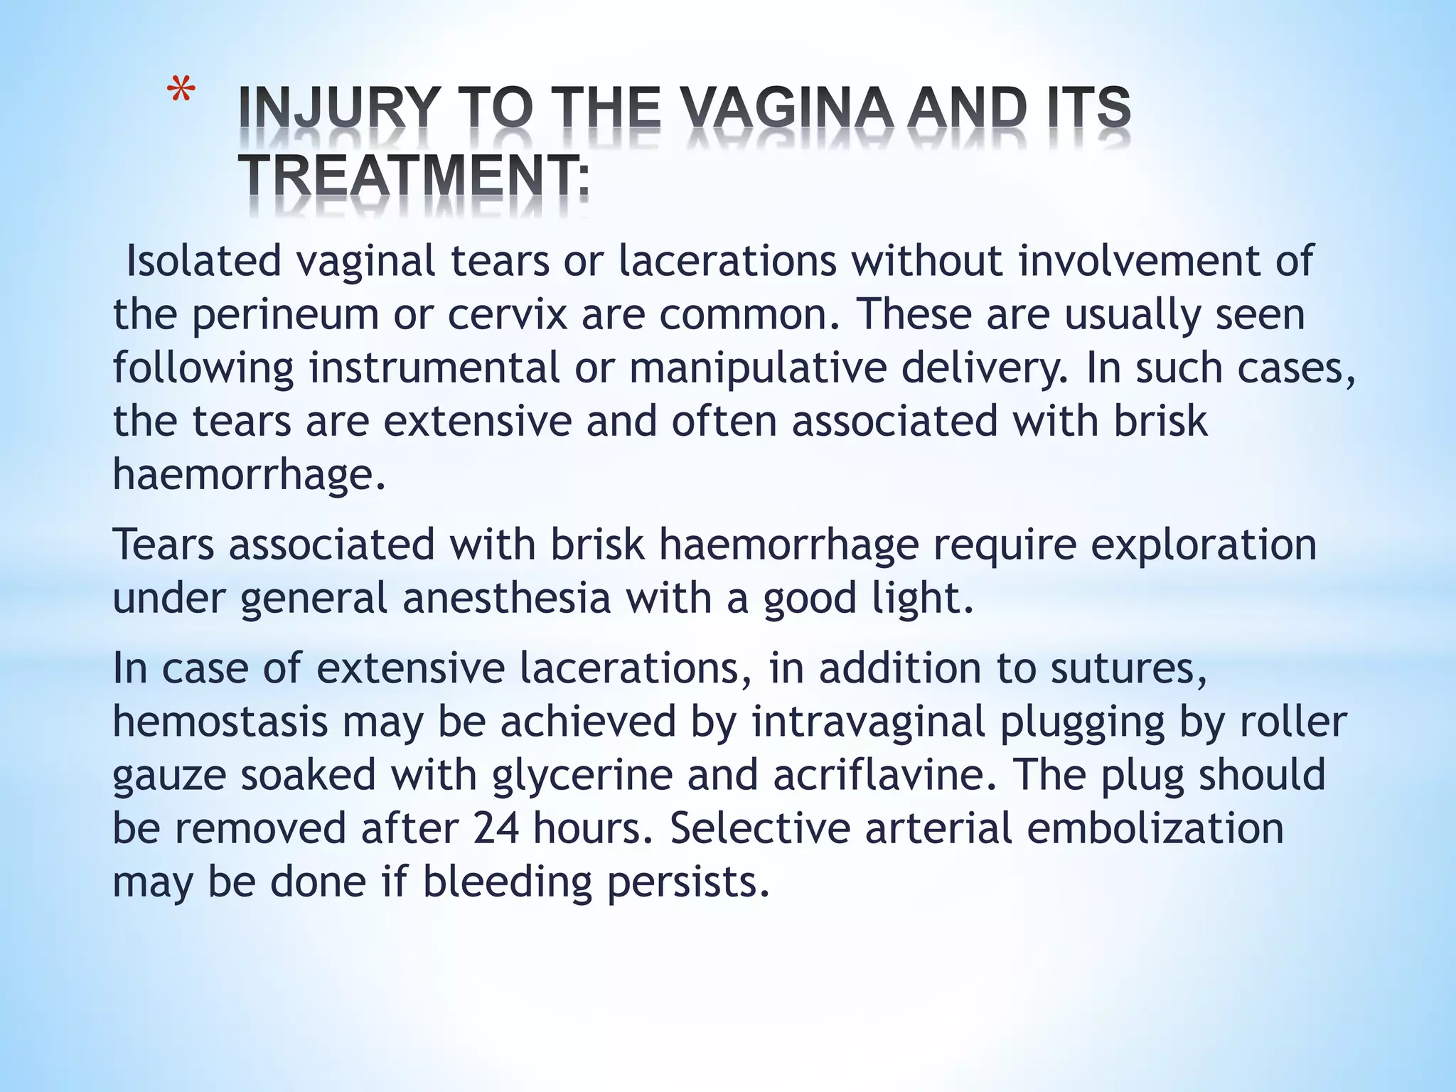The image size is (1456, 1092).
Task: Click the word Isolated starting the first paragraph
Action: (x=203, y=260)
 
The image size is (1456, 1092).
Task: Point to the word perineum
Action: (x=285, y=314)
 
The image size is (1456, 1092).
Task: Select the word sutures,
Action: (x=1129, y=668)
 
